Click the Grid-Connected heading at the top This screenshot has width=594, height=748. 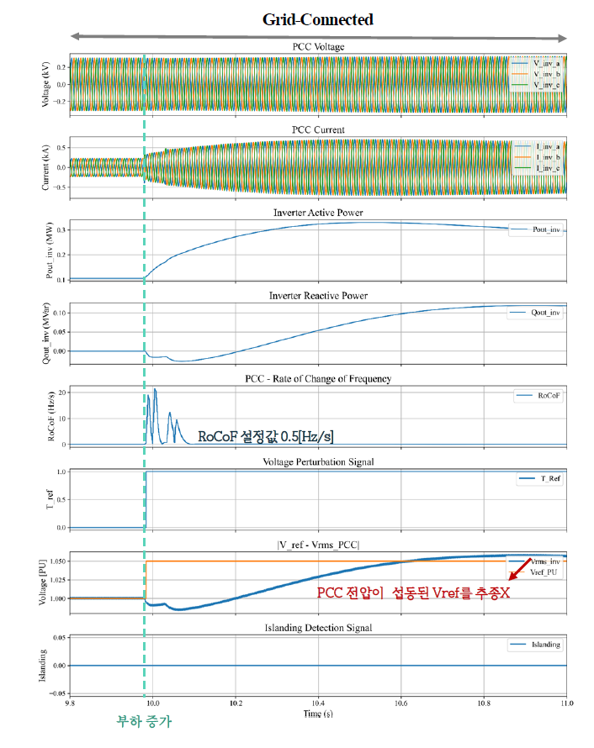[318, 18]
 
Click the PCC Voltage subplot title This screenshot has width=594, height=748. [318, 47]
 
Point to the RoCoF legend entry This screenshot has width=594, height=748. [546, 394]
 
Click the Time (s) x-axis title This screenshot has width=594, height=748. [318, 714]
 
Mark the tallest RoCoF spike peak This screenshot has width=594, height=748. [156, 389]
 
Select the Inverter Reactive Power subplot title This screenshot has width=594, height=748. [318, 296]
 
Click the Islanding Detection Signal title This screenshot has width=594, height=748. [318, 628]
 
